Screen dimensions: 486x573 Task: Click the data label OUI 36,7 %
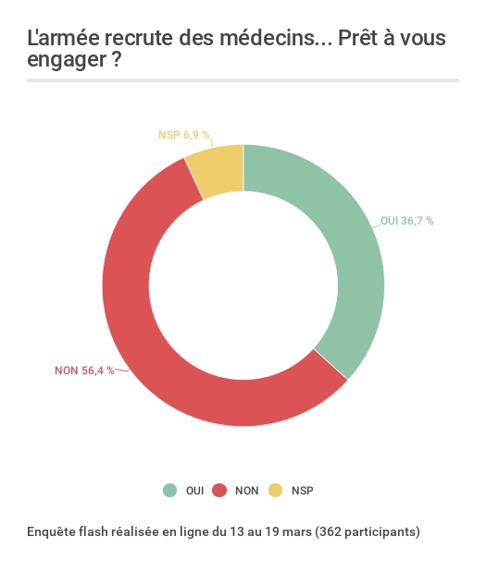(x=407, y=221)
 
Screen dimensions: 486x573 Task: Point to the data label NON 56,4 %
(x=84, y=371)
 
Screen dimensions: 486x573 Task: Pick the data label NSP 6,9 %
(x=184, y=135)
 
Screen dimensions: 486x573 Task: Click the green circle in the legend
(x=169, y=491)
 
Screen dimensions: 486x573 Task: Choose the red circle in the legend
(x=219, y=491)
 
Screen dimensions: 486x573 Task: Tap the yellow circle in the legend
(x=276, y=491)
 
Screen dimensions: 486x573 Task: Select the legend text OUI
(x=194, y=491)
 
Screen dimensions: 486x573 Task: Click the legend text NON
(x=246, y=491)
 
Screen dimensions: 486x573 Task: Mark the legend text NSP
(x=303, y=491)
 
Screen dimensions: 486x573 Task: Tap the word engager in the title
(x=67, y=60)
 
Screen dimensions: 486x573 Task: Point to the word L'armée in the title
(x=63, y=38)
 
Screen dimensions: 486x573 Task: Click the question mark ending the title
(x=117, y=58)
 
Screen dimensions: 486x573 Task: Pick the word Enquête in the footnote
(x=47, y=531)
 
